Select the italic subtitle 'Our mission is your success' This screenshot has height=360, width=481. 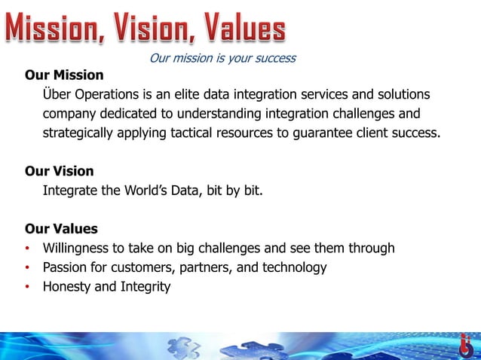coord(222,58)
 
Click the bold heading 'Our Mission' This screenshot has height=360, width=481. coord(64,75)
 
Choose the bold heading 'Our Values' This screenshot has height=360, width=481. coord(61,228)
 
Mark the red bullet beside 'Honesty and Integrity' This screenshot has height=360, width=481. coord(27,287)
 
